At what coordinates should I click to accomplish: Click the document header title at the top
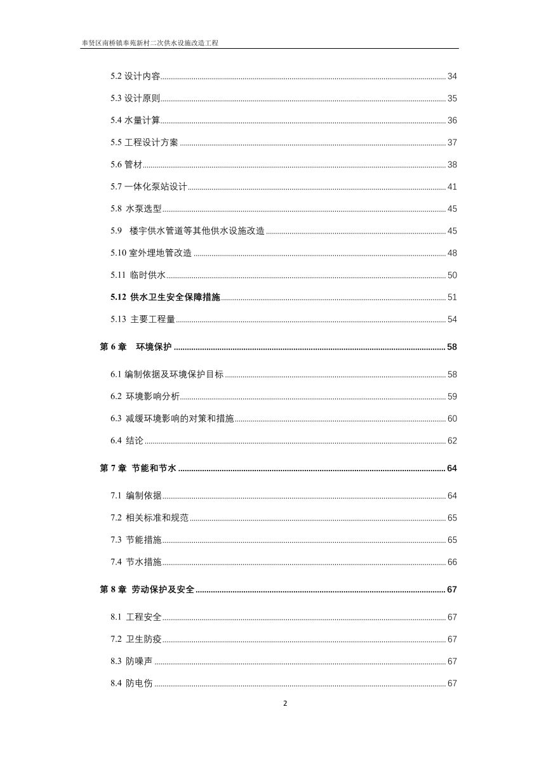[150, 43]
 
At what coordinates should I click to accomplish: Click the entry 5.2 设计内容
[135, 77]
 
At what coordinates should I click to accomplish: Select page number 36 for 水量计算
[452, 120]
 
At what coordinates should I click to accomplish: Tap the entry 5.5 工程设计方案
[144, 143]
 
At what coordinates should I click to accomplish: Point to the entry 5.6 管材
[126, 165]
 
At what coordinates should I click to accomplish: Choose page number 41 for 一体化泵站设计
[452, 187]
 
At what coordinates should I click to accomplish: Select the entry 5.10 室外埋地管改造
[150, 253]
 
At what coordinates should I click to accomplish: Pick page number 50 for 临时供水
[452, 275]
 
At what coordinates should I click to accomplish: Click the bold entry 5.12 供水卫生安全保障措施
[164, 297]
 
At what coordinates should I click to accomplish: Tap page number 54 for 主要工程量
[452, 319]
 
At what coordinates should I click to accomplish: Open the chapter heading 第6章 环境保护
[136, 347]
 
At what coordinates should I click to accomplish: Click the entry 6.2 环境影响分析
[145, 396]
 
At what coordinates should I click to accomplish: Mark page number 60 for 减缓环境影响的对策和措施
[452, 419]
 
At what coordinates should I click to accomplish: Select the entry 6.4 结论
[127, 441]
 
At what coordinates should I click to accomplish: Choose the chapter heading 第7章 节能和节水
[138, 469]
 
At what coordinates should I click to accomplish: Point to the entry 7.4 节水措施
[136, 562]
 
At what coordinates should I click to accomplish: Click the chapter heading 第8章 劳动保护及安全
[147, 590]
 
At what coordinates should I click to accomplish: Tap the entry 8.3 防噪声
[131, 661]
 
